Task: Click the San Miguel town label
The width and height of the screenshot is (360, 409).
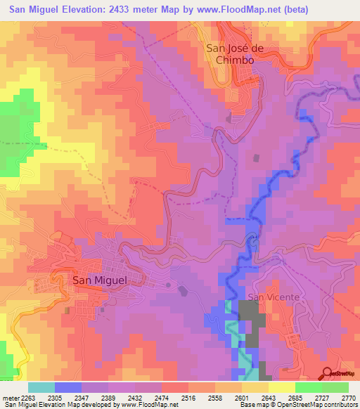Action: (x=100, y=280)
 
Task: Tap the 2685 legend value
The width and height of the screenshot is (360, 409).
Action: (x=288, y=397)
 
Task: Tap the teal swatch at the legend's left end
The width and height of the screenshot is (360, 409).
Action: (x=41, y=387)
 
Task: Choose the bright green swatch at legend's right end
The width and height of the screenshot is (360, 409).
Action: (x=335, y=387)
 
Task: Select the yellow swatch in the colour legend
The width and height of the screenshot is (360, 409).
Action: (x=281, y=387)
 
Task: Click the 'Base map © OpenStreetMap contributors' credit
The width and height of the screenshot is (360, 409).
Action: (x=297, y=405)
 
